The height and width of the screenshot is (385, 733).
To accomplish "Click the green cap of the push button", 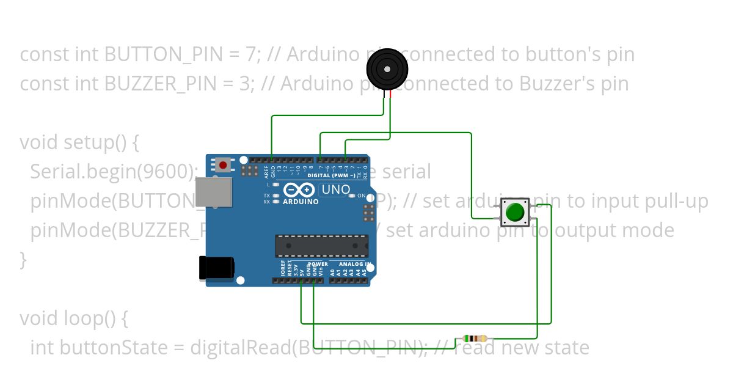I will tap(515, 211).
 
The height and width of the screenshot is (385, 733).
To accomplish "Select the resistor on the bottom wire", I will tap(475, 339).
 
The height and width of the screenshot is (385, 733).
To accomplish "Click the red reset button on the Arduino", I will tap(224, 164).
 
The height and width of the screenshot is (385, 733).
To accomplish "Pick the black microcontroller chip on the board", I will tap(321, 245).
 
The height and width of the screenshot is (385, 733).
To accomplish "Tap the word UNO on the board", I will tap(335, 190).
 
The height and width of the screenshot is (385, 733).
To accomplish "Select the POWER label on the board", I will tap(318, 265).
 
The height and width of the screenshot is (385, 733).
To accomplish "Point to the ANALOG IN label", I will tap(351, 265).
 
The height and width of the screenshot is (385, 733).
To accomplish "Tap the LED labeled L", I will tap(276, 184).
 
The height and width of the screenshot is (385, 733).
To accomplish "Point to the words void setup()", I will tap(79, 142).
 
